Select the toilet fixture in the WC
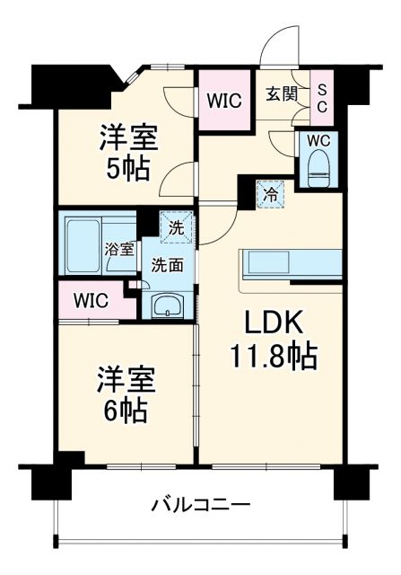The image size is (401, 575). (x=318, y=167)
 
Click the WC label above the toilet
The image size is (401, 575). (x=319, y=141)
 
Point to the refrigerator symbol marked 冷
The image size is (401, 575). (x=268, y=191)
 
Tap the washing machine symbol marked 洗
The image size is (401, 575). (x=176, y=227)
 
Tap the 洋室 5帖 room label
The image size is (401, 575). (x=128, y=153)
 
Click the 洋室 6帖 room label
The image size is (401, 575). (x=126, y=394)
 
